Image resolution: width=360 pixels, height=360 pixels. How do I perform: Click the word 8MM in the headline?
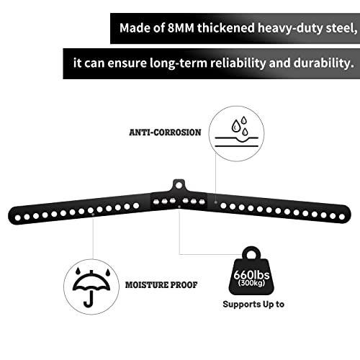point(181,28)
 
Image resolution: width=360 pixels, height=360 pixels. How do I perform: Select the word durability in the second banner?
point(324,63)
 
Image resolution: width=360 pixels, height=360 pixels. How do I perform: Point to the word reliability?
point(238,63)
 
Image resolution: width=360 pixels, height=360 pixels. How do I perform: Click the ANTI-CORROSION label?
point(165,132)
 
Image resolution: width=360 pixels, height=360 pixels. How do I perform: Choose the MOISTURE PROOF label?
point(161,285)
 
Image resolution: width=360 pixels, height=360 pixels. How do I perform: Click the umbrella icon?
point(91,288)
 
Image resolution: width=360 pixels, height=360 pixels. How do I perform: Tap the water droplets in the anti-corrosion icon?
point(240,125)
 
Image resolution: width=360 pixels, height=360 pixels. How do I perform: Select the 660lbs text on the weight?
point(251,275)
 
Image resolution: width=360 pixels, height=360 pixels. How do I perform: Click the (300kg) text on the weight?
point(251,283)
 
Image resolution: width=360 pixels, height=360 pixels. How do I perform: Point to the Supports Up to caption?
point(253,305)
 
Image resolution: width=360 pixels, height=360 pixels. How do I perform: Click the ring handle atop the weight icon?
point(251,253)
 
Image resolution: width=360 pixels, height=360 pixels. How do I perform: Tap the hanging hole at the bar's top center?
point(179,185)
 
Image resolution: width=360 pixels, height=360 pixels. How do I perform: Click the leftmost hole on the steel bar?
point(17,217)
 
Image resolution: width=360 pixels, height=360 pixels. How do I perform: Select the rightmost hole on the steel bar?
point(342,217)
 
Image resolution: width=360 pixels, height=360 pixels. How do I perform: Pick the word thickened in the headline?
point(226,28)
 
